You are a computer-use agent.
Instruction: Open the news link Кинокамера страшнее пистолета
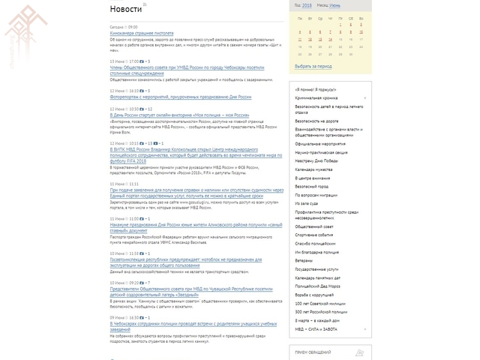point(142,34)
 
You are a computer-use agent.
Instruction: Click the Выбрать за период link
point(313,65)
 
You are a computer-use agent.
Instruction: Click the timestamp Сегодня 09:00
point(124,25)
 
